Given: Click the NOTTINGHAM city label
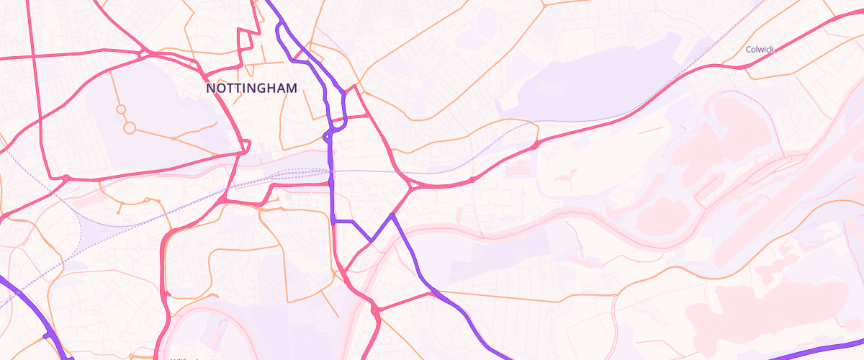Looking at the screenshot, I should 251,88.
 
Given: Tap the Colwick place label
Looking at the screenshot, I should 760,50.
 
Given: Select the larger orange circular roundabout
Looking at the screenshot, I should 130,128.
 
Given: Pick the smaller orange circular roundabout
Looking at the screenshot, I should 121,109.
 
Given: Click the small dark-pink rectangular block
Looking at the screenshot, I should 517,170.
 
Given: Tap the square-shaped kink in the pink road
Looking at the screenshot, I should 249,39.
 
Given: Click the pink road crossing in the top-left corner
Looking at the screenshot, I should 32,55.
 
